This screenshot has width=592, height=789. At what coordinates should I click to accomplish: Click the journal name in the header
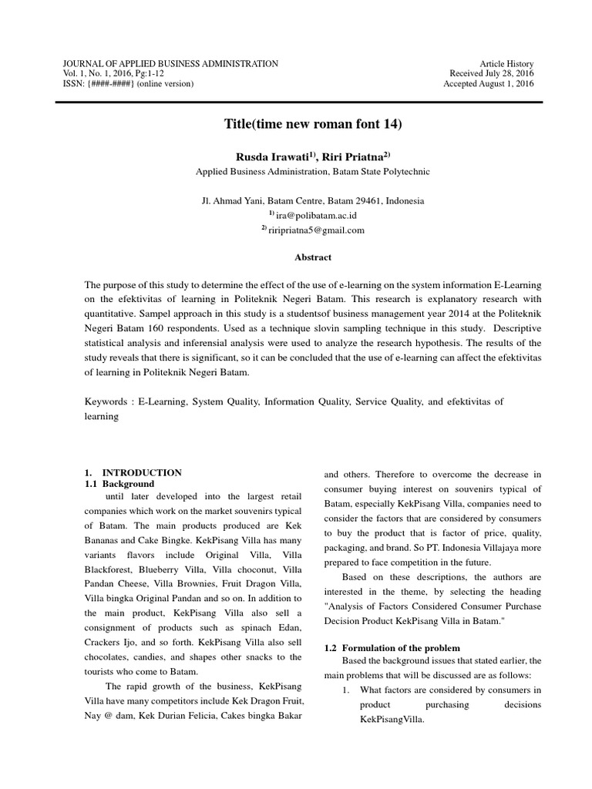pos(170,63)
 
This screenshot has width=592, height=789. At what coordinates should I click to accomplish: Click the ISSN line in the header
pos(127,83)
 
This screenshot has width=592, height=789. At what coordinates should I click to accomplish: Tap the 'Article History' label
pos(506,63)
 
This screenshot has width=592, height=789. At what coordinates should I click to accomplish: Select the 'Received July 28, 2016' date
pos(492,73)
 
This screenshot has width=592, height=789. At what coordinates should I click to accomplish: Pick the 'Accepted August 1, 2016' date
pos(488,83)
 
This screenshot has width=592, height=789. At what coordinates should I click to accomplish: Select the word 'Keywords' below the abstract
pos(108,401)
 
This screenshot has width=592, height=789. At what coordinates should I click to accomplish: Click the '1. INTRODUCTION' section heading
pos(133,472)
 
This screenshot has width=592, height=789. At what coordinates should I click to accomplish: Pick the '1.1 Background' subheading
pos(119,483)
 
